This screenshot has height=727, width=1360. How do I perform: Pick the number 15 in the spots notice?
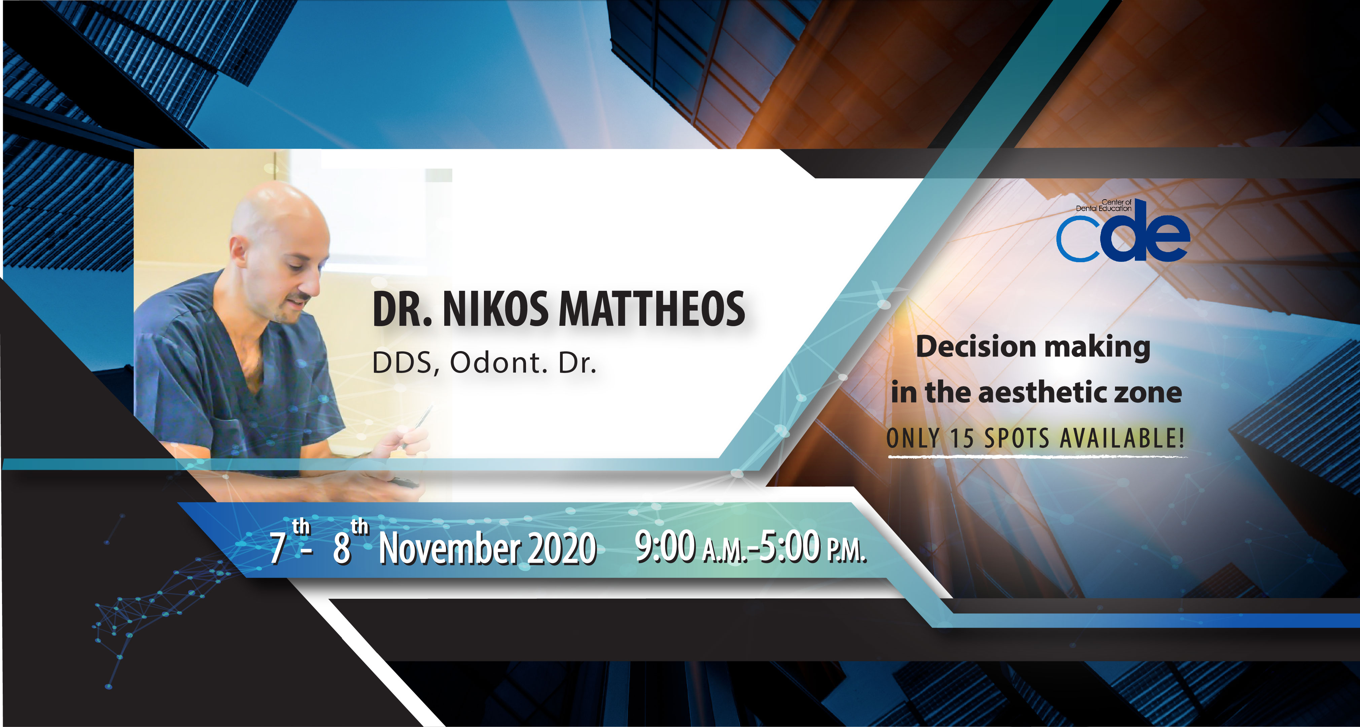pos(962,438)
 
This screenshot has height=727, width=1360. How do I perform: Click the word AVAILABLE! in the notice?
pos(1122,438)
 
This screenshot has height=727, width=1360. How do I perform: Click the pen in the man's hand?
pos(417,428)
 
